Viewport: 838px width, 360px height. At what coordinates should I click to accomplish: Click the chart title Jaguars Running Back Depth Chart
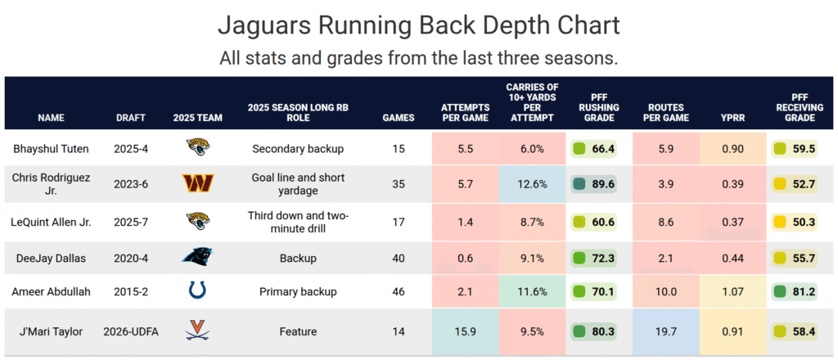[418, 26]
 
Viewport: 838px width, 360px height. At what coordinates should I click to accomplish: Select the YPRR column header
[732, 118]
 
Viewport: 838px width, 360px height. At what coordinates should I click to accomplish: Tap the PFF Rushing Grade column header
[599, 107]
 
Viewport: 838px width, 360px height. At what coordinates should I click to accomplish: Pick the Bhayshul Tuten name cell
[51, 149]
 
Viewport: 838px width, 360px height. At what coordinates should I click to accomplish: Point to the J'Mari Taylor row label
[51, 331]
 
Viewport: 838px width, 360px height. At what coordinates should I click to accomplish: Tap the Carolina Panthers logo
[198, 258]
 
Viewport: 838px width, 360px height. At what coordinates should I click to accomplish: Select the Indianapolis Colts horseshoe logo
[198, 291]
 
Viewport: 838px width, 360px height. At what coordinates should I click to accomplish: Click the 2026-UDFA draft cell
[131, 331]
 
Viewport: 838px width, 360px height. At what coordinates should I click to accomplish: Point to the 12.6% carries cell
[531, 184]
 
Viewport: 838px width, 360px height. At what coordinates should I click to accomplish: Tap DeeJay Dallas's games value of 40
[399, 259]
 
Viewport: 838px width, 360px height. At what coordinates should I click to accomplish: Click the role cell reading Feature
[298, 331]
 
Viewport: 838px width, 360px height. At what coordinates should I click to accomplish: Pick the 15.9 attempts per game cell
[465, 331]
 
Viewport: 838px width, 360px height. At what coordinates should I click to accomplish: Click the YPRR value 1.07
[732, 291]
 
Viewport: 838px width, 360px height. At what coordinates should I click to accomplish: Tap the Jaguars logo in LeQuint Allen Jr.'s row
[198, 221]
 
